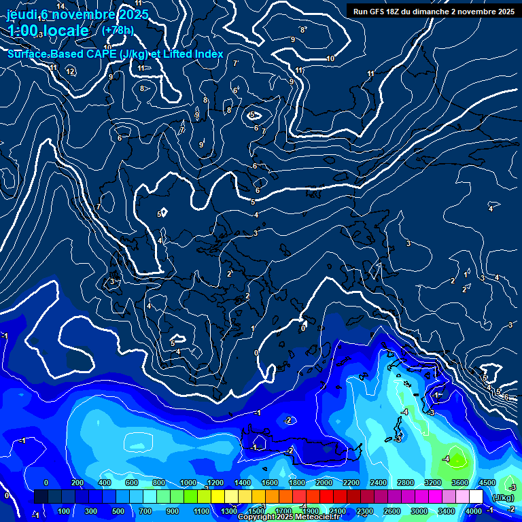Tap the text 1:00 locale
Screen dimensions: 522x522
48,31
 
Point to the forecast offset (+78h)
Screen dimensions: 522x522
118,30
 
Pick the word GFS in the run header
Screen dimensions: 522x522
380,12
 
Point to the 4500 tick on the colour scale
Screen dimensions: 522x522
486,483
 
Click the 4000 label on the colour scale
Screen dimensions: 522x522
474,510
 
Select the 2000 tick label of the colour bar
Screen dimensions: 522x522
324,483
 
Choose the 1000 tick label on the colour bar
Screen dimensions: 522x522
188,483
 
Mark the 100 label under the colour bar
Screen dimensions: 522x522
64,510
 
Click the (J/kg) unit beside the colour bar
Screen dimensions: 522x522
503,498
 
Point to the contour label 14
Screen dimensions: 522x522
60,7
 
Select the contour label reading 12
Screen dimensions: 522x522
70,71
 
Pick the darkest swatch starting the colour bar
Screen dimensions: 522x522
41,498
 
